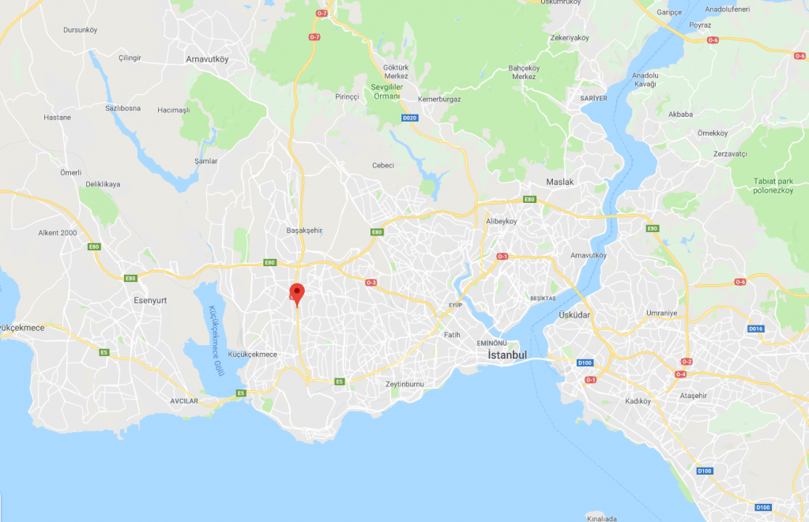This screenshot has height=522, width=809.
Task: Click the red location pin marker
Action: tap(297, 293)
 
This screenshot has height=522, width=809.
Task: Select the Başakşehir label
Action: tap(304, 231)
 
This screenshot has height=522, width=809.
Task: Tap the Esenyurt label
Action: tap(149, 300)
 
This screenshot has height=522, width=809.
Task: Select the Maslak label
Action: tap(559, 182)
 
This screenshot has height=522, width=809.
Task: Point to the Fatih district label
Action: tap(452, 335)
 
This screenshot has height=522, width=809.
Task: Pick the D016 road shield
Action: tap(756, 328)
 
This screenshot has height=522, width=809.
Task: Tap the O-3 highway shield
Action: tap(371, 282)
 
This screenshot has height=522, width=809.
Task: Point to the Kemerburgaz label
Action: tap(440, 99)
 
